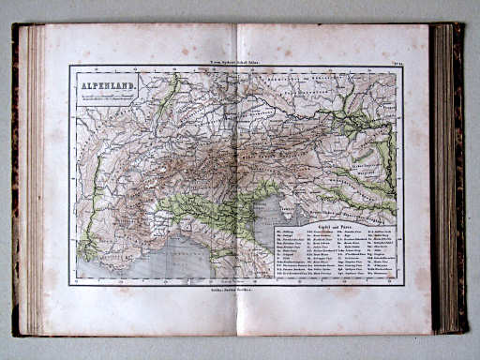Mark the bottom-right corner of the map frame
(403, 285)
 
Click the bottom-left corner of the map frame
(70, 285)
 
